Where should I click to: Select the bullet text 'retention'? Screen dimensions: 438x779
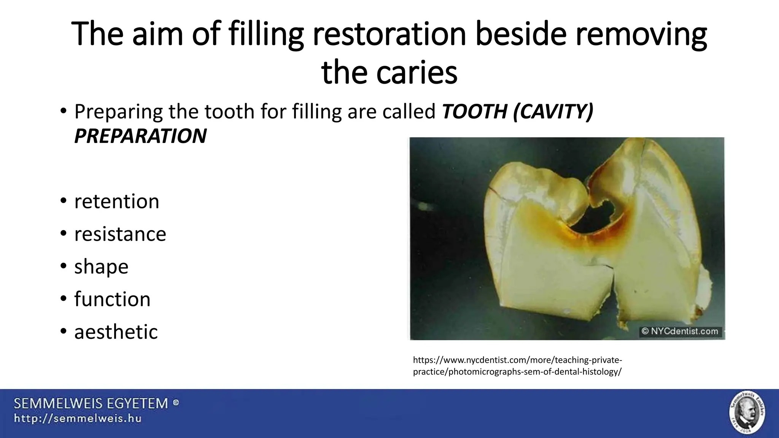coord(116,201)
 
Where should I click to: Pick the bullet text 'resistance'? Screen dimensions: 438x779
coord(120,234)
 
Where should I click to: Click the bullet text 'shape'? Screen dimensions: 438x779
coord(101,267)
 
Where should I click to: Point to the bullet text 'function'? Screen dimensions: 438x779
coord(112,299)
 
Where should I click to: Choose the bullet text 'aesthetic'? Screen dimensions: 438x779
coord(116,332)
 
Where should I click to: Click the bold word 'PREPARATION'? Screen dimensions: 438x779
coord(140,136)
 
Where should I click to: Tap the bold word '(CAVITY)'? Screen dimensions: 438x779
coord(553,111)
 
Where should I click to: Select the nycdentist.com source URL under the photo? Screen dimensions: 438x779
coord(517,366)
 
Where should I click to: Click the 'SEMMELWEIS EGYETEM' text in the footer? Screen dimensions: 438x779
coord(91,403)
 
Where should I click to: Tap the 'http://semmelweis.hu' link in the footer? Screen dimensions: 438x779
coord(78,419)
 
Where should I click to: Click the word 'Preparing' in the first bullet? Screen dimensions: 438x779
coord(118,112)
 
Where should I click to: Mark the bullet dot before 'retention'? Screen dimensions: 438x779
coord(63,201)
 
